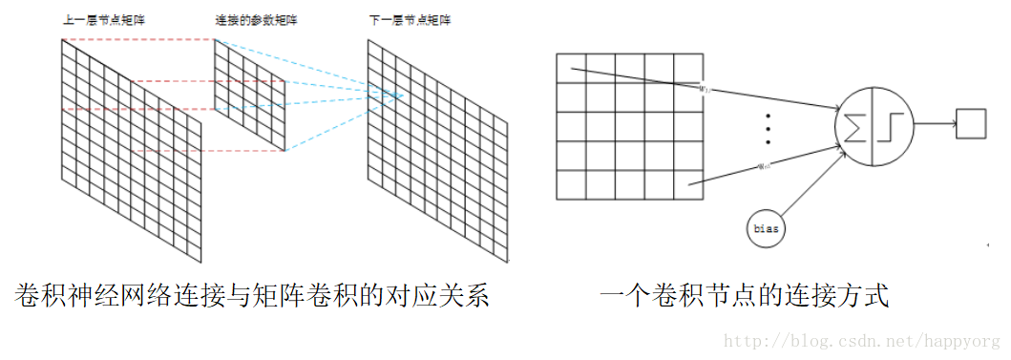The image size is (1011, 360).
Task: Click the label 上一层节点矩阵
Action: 93,20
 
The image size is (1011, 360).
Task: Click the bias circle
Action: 768,229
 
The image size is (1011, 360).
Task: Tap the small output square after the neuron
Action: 972,123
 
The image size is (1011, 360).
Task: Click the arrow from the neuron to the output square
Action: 935,124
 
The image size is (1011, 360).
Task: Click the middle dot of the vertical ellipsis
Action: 769,127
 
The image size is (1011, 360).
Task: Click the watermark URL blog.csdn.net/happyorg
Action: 864,340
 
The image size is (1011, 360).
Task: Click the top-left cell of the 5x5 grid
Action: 571,69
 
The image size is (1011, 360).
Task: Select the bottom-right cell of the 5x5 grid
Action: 688,184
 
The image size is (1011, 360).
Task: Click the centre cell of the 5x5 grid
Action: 630,126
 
